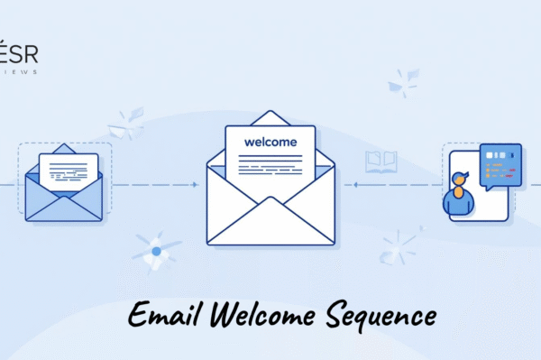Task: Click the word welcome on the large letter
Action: (270, 142)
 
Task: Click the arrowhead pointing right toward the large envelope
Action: (195, 184)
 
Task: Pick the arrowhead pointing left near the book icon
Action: (356, 184)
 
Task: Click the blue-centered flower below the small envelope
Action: (156, 250)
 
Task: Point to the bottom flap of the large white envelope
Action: (270, 221)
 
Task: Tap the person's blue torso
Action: (459, 205)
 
